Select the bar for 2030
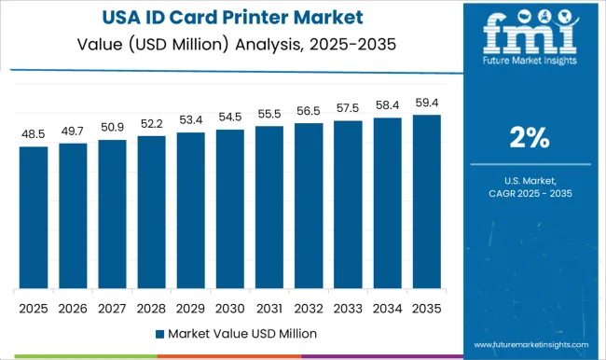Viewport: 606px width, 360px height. coord(230,209)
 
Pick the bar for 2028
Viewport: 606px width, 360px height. coord(151,212)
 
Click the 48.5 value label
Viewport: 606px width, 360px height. coord(33,134)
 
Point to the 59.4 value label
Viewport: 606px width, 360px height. coord(427,104)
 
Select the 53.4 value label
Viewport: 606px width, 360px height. coord(191,120)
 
